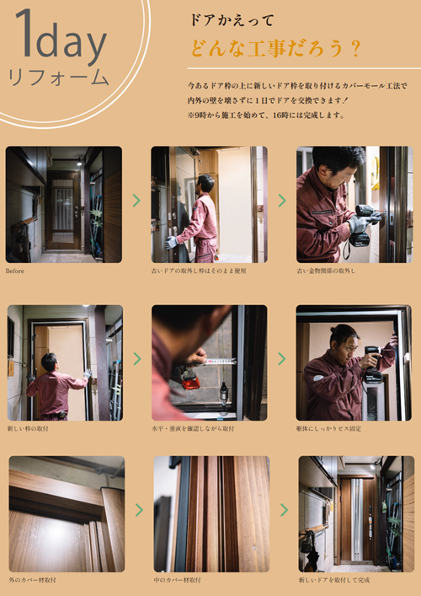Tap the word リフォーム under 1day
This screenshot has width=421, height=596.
pos(58,77)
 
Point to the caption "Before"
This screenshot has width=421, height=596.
pos(14,272)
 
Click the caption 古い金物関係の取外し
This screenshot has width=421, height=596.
pos(326,271)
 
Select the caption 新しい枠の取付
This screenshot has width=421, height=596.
pos(28,428)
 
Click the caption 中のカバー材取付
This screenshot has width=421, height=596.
pos(177,580)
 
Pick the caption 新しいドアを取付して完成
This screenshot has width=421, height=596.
pos(334,580)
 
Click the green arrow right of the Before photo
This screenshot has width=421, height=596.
pos(136,201)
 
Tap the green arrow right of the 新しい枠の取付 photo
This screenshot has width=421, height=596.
pos(136,360)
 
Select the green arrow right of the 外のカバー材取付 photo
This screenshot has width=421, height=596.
pos(139,510)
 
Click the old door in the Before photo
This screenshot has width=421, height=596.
pos(63,211)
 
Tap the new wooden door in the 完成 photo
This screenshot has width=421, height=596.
pos(357,518)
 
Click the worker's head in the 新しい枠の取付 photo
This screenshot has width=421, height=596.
pos(50,361)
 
